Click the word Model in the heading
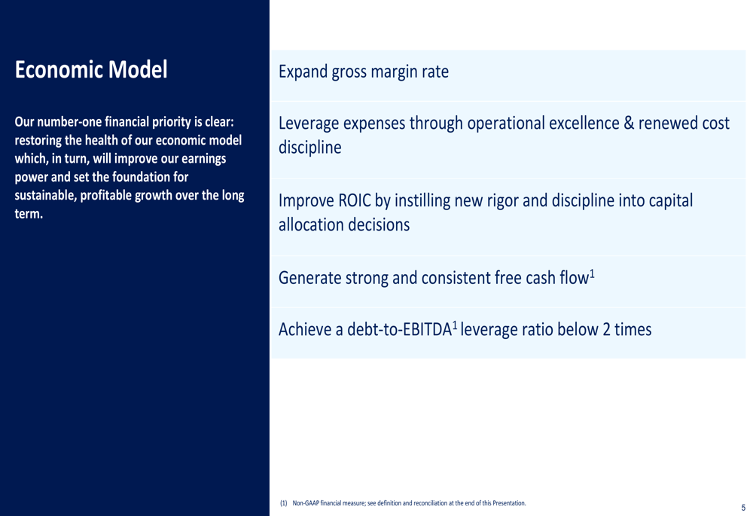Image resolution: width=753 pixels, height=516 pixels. pyautogui.click(x=137, y=69)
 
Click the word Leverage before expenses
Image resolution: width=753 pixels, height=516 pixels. pyautogui.click(x=309, y=124)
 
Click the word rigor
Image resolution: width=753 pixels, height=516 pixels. pyautogui.click(x=502, y=201)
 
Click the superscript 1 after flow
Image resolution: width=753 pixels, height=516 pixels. pyautogui.click(x=592, y=274)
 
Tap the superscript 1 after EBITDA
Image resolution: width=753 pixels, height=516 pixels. pyautogui.click(x=455, y=325)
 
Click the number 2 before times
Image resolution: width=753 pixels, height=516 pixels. pyautogui.click(x=606, y=330)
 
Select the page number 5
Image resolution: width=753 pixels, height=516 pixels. pyautogui.click(x=743, y=508)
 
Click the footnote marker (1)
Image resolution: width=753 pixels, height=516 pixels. pyautogui.click(x=283, y=503)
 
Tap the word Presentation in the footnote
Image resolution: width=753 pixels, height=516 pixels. pyautogui.click(x=508, y=503)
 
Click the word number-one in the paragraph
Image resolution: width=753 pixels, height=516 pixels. pyautogui.click(x=69, y=122)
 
